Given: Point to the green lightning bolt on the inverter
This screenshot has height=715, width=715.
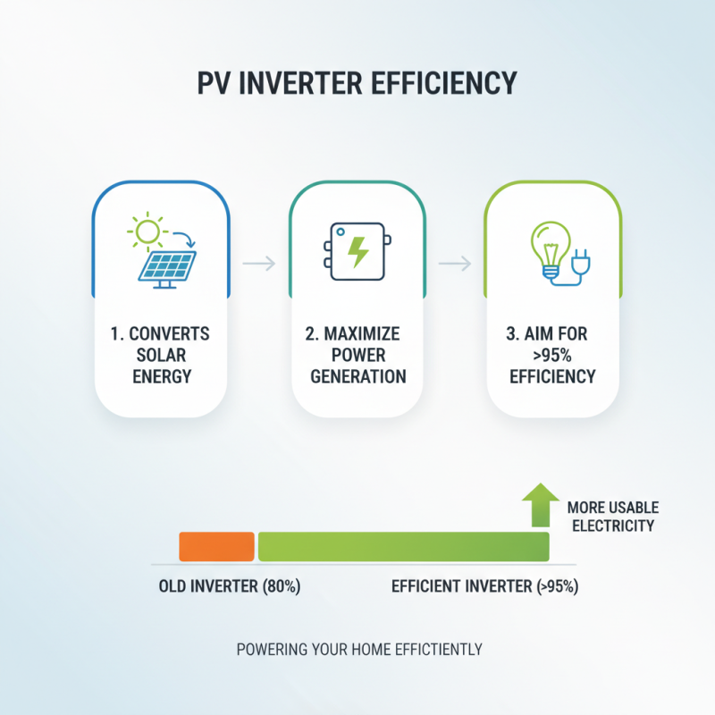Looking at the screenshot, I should pos(357,252).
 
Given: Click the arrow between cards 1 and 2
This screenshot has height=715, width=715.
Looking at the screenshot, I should pos(258,263).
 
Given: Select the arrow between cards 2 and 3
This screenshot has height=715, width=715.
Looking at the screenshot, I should pos(455,263).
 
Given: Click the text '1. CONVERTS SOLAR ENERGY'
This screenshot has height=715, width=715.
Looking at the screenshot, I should pos(162,355).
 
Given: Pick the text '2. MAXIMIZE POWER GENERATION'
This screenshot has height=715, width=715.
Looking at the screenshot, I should pos(357,355).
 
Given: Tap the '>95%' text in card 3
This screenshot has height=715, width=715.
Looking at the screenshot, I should pos(552,355).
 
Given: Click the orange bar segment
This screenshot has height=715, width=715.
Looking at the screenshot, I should pos(216,546).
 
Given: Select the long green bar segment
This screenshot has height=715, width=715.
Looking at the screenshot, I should pos(403,546).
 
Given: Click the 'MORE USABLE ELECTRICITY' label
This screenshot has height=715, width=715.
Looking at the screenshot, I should pos(610,517).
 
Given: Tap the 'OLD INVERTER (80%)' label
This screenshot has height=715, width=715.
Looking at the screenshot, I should pos(229,588).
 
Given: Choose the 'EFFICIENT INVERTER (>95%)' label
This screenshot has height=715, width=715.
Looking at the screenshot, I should pos(485,588).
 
